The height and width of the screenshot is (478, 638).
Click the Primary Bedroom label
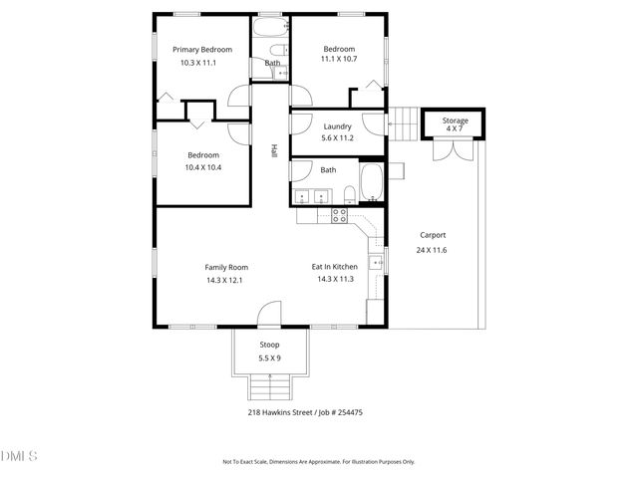click(202, 50)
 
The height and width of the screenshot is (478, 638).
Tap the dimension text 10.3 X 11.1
click(198, 63)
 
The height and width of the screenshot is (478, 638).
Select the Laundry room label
click(338, 125)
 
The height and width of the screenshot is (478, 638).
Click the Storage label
click(455, 119)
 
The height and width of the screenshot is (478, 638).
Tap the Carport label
click(431, 235)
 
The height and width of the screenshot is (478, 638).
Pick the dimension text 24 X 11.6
click(431, 250)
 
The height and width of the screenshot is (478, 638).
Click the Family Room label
click(226, 267)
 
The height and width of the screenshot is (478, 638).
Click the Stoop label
click(269, 345)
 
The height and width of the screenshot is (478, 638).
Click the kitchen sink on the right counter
click(375, 263)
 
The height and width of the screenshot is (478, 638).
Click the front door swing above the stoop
click(269, 316)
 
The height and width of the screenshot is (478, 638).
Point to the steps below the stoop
click(269, 386)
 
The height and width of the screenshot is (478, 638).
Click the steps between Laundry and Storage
click(403, 124)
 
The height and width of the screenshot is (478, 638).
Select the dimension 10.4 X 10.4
click(202, 167)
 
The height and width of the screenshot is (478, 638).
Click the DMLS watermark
click(19, 457)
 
